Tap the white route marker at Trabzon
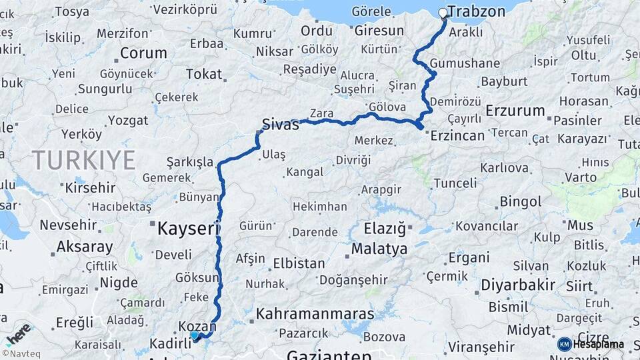point(443,13)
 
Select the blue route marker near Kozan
point(195,336)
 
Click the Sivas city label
point(280,124)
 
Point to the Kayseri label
point(188,229)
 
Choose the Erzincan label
point(457,135)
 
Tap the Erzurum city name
point(515,111)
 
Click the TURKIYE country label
point(83,160)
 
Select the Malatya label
point(379,249)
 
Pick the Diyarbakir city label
point(516,285)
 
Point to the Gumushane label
point(465,63)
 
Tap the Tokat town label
point(203,74)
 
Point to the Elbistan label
point(298,263)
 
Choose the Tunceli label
point(455,183)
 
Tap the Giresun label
point(379,31)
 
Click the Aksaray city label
point(84,247)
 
